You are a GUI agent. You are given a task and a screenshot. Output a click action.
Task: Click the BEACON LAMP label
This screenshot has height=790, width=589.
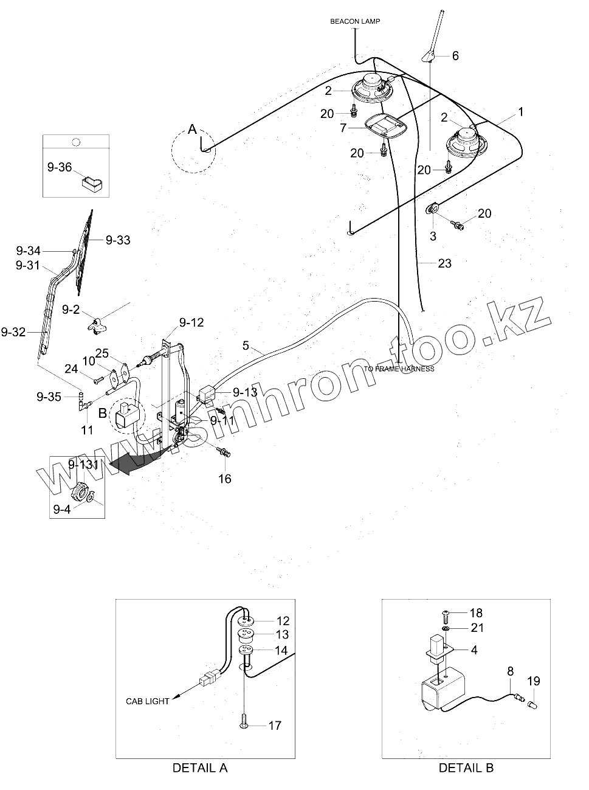point(355,21)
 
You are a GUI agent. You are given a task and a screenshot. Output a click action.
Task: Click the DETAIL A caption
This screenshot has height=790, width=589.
point(200,768)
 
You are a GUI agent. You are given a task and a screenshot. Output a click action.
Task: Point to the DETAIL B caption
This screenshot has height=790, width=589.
point(466,768)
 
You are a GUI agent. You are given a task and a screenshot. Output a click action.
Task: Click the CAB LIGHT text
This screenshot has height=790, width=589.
point(148,701)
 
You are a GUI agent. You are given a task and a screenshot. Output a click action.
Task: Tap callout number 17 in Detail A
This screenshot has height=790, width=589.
point(275,725)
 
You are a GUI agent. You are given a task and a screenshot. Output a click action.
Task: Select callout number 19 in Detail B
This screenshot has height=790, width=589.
point(534,681)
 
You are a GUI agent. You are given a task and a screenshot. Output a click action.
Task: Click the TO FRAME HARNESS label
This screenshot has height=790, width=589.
point(399,369)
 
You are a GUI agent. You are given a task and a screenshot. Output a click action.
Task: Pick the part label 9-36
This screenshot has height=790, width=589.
point(60,167)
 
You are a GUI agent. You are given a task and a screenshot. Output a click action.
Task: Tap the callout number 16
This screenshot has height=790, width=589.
point(225,479)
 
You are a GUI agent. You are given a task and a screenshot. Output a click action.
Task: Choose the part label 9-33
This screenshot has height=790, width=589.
point(118,240)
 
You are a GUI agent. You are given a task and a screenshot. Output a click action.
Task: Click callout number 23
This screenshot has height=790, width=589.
point(445,263)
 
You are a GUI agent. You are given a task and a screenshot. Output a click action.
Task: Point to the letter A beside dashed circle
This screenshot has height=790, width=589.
point(193,129)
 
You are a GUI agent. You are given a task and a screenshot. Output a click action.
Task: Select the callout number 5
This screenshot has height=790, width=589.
point(246,345)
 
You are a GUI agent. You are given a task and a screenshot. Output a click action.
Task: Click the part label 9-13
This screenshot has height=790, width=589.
point(245,393)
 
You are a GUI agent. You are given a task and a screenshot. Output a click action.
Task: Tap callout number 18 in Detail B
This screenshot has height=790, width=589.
point(476,613)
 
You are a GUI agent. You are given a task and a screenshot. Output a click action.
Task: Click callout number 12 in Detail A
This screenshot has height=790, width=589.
point(283,621)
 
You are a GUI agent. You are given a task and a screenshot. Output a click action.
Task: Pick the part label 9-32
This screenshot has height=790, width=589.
point(13,331)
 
